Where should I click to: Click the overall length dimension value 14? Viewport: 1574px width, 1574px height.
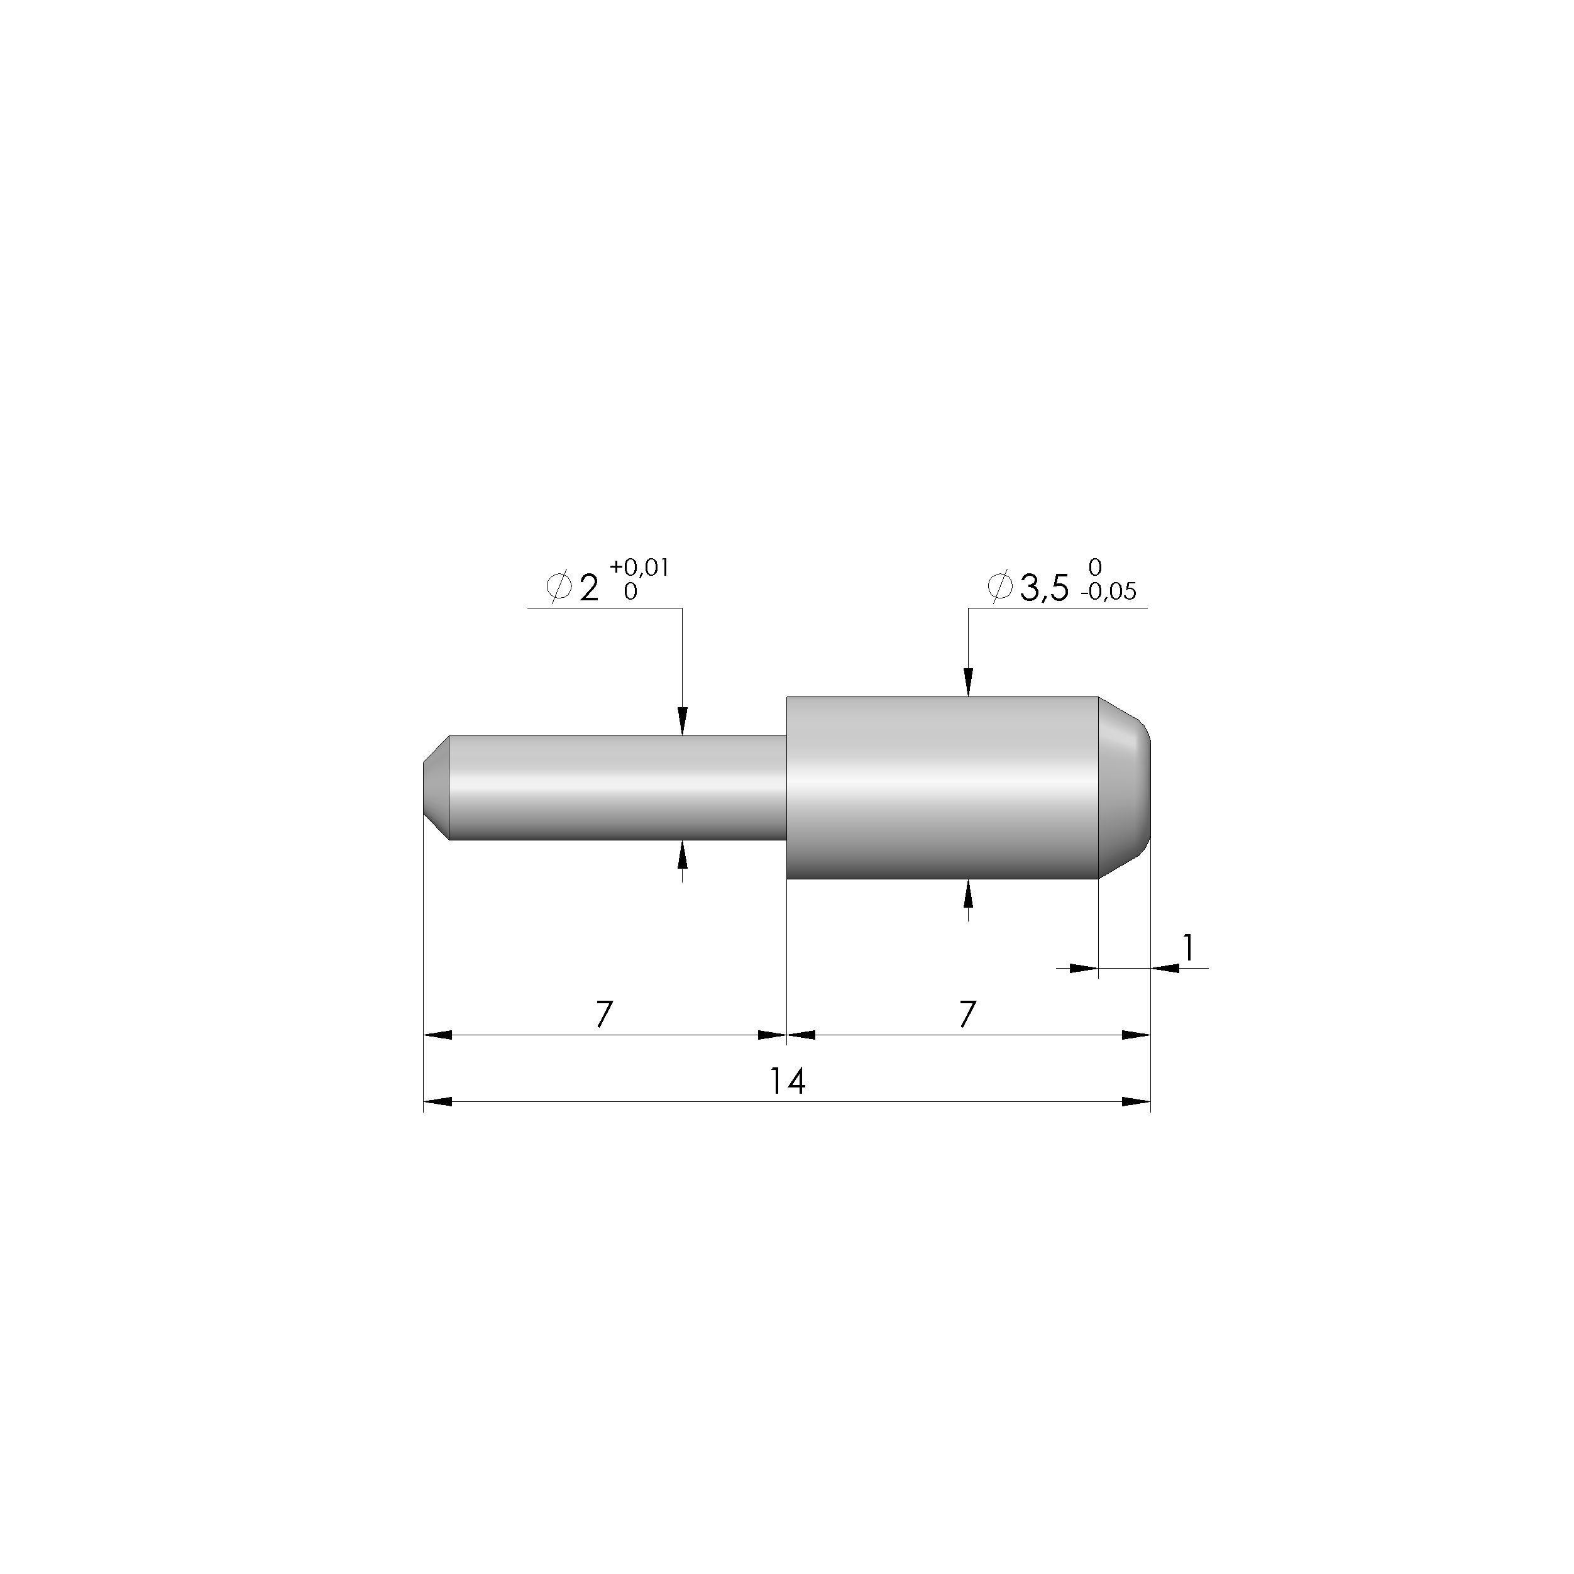click(x=788, y=1082)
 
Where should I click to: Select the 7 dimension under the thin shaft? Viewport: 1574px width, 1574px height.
click(x=603, y=1015)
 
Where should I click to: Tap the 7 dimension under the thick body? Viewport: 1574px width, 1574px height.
click(x=967, y=1015)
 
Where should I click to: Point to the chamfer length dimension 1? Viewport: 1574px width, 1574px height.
click(x=1189, y=947)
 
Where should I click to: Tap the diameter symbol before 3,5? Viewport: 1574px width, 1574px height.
click(x=999, y=586)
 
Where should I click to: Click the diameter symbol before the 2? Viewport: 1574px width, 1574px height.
click(x=559, y=586)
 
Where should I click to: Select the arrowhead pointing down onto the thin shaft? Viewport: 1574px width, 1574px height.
click(x=683, y=720)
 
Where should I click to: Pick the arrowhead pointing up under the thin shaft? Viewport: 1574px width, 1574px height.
click(x=683, y=856)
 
